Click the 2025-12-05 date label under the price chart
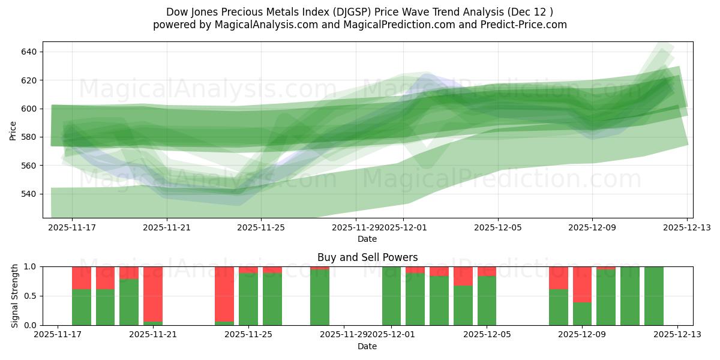[x=497, y=228]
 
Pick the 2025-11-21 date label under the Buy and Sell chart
[x=152, y=335]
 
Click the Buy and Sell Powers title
[x=367, y=257]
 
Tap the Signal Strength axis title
[x=15, y=296]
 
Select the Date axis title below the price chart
[x=367, y=239]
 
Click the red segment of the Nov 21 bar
[x=153, y=294]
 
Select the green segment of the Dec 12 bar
[x=653, y=296]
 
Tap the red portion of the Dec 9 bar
[x=583, y=284]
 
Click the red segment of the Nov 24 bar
[x=224, y=294]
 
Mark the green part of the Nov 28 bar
[x=320, y=298]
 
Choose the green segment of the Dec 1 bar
[x=391, y=296]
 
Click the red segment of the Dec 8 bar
[x=559, y=278]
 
